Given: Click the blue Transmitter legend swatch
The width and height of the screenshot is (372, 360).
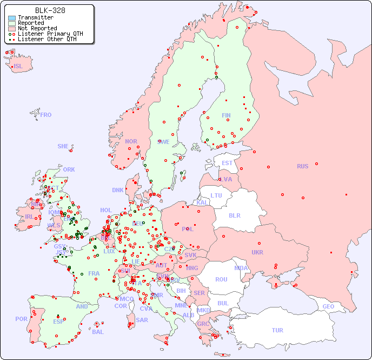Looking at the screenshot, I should [x=12, y=18].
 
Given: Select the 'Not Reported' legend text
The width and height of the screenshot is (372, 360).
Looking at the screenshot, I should [x=37, y=28].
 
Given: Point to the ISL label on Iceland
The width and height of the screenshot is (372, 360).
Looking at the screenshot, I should [x=18, y=67].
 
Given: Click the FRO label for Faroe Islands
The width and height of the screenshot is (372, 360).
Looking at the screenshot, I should [x=46, y=115].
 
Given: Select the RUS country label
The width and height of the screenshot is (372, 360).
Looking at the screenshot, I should [x=302, y=166].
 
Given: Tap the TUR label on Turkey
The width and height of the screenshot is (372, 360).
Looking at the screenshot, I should [x=277, y=330].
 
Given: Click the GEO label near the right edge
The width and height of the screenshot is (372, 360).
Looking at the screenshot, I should [x=328, y=306].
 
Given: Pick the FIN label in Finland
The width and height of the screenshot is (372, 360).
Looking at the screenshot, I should [x=226, y=115].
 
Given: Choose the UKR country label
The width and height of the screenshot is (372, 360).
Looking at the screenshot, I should [x=257, y=252].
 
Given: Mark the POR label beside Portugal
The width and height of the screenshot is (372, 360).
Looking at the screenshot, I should [x=21, y=319].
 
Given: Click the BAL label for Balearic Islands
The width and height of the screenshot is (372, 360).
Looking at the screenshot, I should [x=98, y=332].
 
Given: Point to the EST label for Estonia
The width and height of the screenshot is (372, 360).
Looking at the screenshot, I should [x=227, y=163].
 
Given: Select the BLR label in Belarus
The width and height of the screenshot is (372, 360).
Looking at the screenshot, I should [x=235, y=215].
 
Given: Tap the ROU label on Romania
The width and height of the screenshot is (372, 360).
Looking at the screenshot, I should [x=221, y=279].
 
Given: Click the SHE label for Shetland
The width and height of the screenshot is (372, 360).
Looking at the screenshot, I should [x=63, y=146].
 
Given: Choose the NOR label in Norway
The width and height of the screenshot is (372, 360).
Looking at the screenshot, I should [x=131, y=141].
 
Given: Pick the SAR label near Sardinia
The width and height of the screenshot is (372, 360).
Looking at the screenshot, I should [x=142, y=320].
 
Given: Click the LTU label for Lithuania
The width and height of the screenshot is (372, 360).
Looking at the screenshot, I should [x=216, y=195].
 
